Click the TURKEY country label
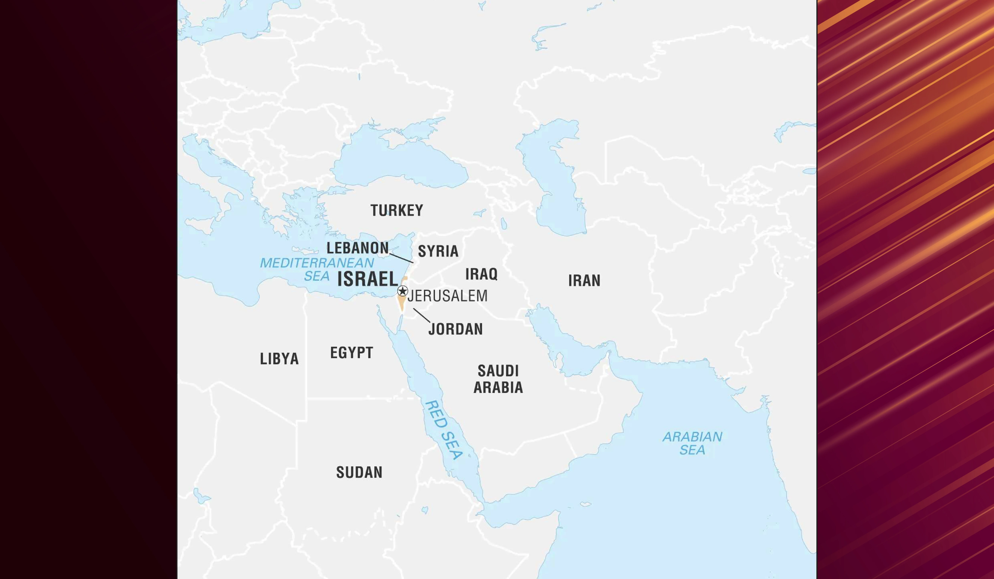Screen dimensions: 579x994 [396, 210]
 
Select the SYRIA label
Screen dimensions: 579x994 [438, 251]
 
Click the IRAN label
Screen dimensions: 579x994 [584, 280]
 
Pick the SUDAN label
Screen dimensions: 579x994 [359, 472]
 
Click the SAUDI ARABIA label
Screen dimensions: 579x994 [498, 379]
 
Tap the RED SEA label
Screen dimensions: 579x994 [444, 430]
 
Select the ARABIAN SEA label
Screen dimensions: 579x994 [692, 443]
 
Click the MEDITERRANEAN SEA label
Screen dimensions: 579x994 [317, 269]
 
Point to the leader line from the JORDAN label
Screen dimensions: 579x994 [422, 315]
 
